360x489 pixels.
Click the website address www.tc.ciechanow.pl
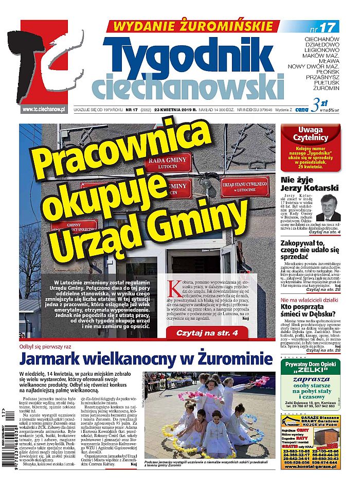click(43, 109)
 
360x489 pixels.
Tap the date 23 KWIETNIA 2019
click(176, 109)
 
